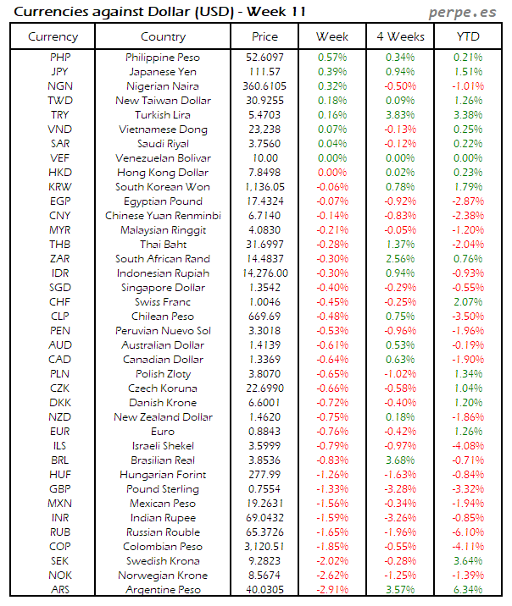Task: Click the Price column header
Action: click(x=265, y=37)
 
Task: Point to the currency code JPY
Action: click(x=59, y=72)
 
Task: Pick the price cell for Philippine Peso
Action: click(x=265, y=58)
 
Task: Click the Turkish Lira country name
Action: click(x=163, y=115)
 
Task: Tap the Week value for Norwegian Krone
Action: click(x=332, y=576)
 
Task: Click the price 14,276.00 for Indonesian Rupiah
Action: click(x=265, y=273)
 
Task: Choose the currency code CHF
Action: click(x=59, y=302)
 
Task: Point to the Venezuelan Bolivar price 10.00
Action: click(x=265, y=158)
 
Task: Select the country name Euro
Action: click(x=163, y=432)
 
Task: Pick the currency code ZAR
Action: click(x=59, y=259)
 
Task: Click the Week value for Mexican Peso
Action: click(x=332, y=504)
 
